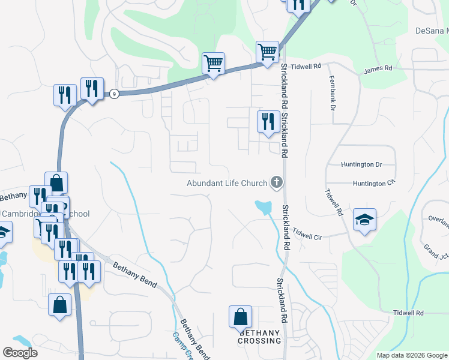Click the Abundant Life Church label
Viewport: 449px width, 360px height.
tap(226, 183)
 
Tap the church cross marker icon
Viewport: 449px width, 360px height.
tap(277, 182)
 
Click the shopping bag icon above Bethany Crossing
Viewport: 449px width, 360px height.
tap(240, 316)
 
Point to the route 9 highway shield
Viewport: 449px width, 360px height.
tap(113, 94)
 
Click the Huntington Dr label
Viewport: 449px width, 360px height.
tap(361, 164)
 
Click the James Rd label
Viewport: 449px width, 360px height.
tap(378, 70)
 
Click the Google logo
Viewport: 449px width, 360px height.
tap(20, 352)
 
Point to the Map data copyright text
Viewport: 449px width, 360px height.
tap(412, 355)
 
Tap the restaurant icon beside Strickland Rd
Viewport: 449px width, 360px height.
tap(268, 122)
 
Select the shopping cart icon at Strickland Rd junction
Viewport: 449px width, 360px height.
tap(267, 51)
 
